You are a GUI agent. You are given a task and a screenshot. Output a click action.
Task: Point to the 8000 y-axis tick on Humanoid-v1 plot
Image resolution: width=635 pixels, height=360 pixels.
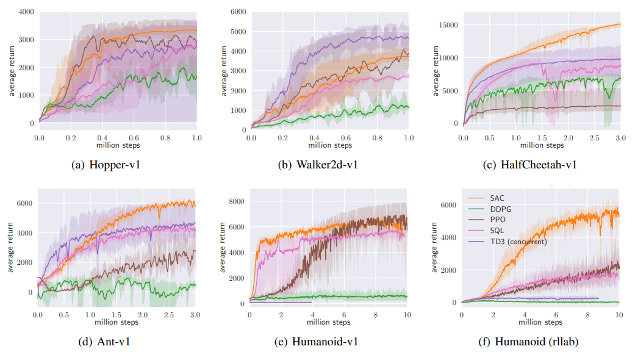pyautogui.click(x=236, y=201)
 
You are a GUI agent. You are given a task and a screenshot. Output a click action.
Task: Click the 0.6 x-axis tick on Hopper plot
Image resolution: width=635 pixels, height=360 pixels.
pyautogui.click(x=134, y=139)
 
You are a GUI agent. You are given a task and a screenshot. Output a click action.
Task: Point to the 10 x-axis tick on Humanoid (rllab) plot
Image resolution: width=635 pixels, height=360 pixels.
pyautogui.click(x=618, y=315)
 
